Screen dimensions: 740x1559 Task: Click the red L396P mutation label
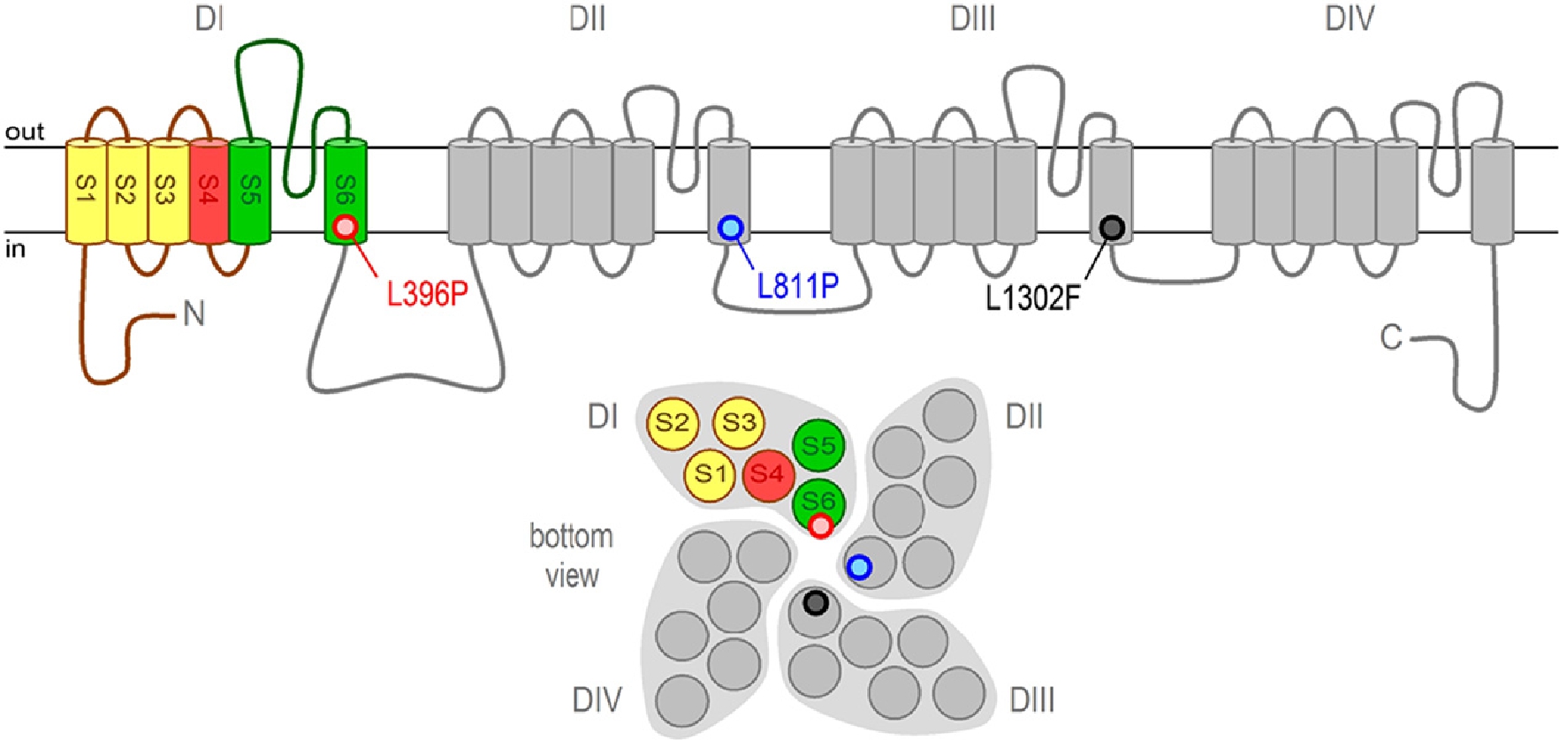coord(427,292)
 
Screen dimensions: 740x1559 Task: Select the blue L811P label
coord(797,285)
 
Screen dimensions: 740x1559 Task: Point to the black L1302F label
coord(1032,298)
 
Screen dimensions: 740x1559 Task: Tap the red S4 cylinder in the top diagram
coord(209,190)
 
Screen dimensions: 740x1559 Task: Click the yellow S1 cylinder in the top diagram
coord(87,190)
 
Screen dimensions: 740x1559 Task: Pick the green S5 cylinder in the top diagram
coord(250,190)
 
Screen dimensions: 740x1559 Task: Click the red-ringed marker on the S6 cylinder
coord(346,227)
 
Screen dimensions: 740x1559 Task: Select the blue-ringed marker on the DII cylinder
coord(731,229)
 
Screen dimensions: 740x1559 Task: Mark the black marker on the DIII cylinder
coord(1112,228)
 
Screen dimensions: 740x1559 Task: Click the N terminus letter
coord(194,314)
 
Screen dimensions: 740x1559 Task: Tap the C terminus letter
coord(1391,337)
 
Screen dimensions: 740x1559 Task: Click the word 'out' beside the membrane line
coord(25,132)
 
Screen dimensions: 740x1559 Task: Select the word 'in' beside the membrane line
coord(15,250)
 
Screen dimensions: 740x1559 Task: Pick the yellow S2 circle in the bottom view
coord(673,423)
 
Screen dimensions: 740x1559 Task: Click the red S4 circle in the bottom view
coord(767,474)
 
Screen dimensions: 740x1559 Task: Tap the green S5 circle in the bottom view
coord(818,446)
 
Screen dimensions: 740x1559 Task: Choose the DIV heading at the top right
coord(1350,19)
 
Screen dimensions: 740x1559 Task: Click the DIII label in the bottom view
coord(1031,701)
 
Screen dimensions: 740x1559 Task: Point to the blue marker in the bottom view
coord(859,567)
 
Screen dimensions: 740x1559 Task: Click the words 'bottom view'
coord(572,555)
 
